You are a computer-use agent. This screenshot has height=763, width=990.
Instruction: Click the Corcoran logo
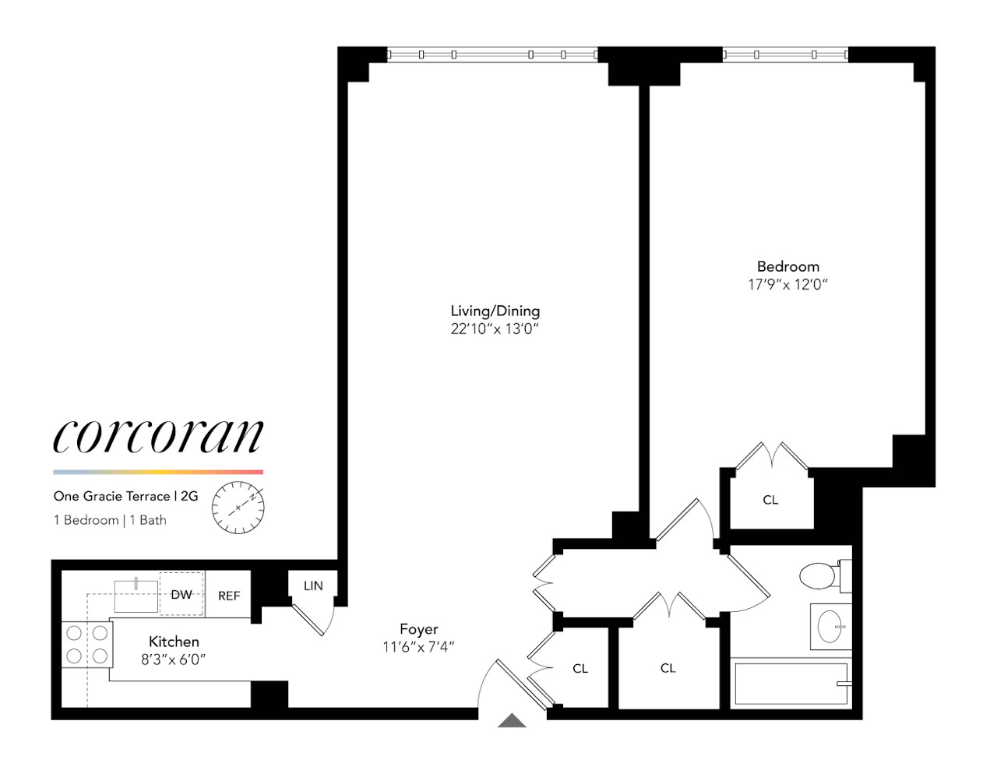[x=158, y=435]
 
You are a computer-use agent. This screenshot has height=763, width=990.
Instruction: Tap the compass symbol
[x=238, y=508]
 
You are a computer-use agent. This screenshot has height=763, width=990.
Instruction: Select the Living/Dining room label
[x=495, y=311]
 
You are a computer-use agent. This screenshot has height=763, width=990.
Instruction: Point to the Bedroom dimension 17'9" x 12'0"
[x=787, y=285]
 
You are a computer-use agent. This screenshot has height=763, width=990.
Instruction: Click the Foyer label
[x=418, y=629]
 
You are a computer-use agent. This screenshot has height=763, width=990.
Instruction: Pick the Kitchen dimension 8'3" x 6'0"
[x=173, y=659]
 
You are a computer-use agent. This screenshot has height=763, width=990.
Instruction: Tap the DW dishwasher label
[x=181, y=595]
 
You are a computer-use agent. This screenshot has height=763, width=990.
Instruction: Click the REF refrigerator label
[x=229, y=596]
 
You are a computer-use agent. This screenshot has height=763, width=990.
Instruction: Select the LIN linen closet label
[x=313, y=586]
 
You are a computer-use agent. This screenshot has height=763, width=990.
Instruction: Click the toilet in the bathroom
[x=819, y=577]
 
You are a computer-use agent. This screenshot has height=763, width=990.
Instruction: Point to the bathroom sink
[x=831, y=626]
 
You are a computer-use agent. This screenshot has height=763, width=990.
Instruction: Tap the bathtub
[x=791, y=684]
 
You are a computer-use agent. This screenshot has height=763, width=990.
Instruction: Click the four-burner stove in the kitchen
[x=86, y=645]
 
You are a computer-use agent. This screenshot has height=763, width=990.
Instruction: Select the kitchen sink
[x=136, y=596]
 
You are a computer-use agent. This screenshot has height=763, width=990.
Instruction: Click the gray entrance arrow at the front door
[x=512, y=721]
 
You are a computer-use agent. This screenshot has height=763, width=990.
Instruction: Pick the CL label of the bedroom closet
[x=770, y=500]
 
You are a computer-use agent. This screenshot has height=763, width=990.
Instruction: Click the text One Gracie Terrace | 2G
[x=125, y=496]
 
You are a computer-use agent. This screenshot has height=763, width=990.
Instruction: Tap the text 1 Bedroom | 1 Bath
[x=110, y=520]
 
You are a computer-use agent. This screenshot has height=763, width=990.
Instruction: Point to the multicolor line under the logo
[x=158, y=472]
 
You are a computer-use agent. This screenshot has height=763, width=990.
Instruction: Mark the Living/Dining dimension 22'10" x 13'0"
[x=495, y=329]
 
